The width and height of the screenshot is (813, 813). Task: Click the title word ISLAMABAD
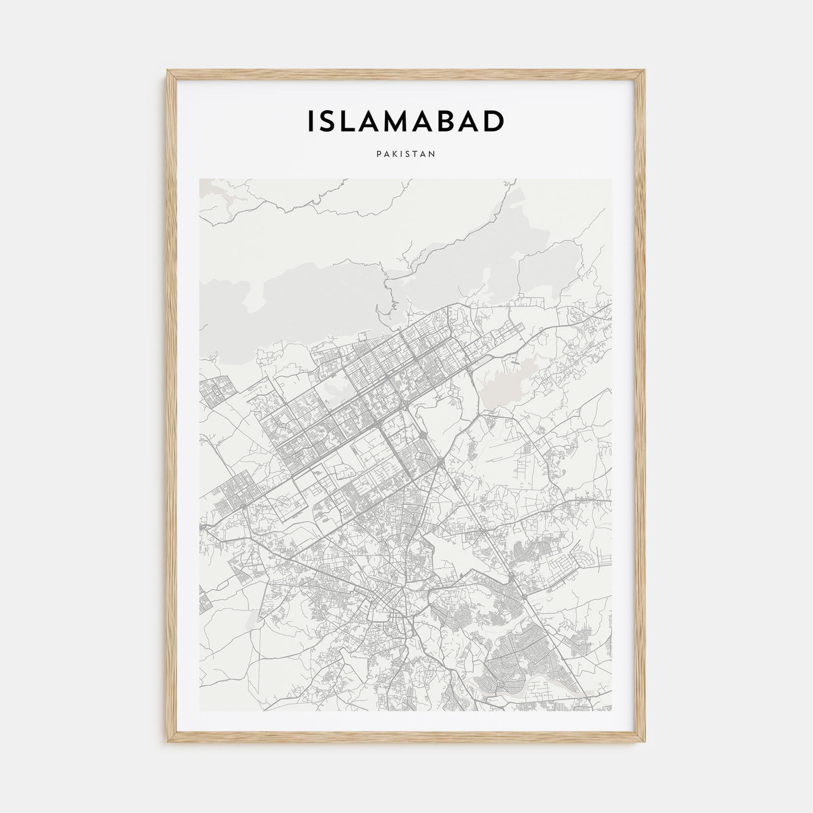pos(405,121)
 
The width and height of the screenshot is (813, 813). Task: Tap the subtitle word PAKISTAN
pos(405,154)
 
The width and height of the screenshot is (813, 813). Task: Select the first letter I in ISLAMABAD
pos(311,121)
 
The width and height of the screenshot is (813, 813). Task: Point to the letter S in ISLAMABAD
pos(329,121)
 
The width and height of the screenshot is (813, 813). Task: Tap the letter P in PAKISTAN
pos(378,154)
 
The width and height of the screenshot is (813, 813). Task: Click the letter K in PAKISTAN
pos(394,154)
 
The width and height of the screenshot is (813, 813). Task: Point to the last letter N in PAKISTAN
pos(433,154)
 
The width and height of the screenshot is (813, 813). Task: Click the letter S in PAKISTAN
pos(408,154)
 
